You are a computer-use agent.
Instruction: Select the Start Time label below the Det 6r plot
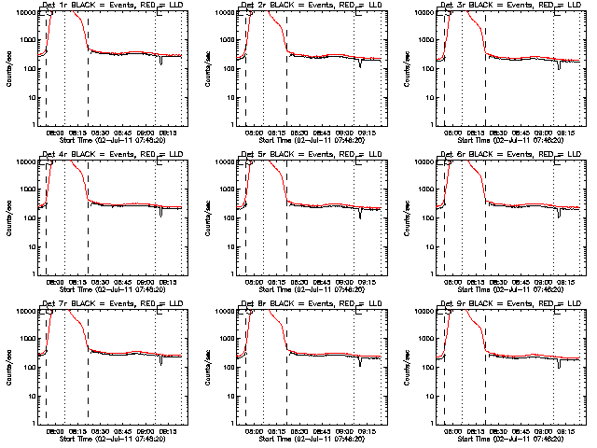pyautogui.click(x=509, y=289)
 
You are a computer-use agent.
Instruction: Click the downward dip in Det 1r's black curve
pyautogui.click(x=161, y=62)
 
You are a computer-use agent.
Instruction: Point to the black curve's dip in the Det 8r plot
pyautogui.click(x=360, y=361)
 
